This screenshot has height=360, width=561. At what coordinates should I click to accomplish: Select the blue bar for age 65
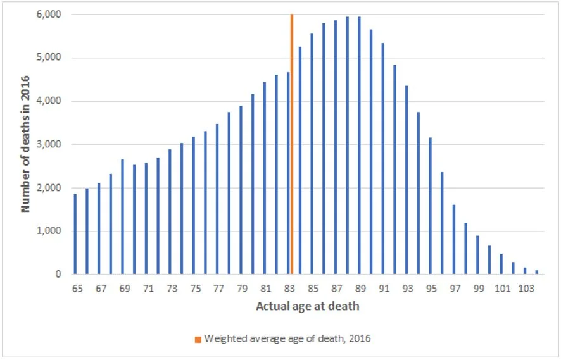[x=75, y=234]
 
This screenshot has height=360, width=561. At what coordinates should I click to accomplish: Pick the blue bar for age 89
[x=360, y=146]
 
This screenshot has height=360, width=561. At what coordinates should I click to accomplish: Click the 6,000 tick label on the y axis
[x=50, y=15]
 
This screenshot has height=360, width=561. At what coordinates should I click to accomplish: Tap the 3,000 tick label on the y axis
[x=50, y=145]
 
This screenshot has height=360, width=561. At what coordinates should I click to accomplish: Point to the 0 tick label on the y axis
[x=58, y=275]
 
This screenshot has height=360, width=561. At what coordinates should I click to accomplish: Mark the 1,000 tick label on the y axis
[x=50, y=232]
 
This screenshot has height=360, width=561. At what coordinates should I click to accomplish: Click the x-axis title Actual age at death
[x=307, y=307]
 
